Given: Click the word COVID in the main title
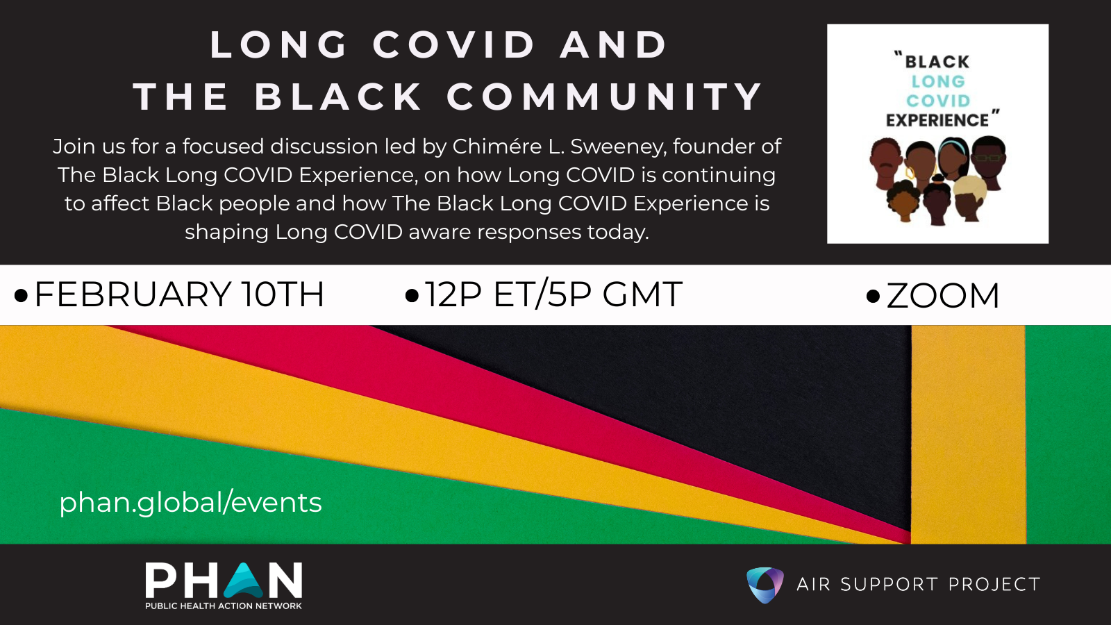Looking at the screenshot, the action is pyautogui.click(x=454, y=44).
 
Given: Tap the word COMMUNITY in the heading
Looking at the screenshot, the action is pyautogui.click(x=604, y=97).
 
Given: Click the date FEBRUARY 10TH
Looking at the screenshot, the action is pyautogui.click(x=179, y=294).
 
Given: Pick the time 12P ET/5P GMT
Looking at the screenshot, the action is pyautogui.click(x=553, y=294).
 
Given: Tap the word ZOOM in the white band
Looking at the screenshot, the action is pyautogui.click(x=942, y=296).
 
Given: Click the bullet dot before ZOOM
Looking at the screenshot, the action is pyautogui.click(x=873, y=296).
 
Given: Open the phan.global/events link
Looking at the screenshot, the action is pyautogui.click(x=190, y=503).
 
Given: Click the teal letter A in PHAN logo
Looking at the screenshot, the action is pyautogui.click(x=244, y=581).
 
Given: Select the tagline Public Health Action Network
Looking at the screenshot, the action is pyautogui.click(x=223, y=606).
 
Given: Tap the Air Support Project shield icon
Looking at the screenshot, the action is pyautogui.click(x=765, y=585).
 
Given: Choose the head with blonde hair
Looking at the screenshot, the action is pyautogui.click(x=969, y=197).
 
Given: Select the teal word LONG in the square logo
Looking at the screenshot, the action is pyautogui.click(x=938, y=81).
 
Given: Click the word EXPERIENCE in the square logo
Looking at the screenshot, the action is pyautogui.click(x=937, y=120).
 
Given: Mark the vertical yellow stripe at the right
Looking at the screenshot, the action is pyautogui.click(x=968, y=435).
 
